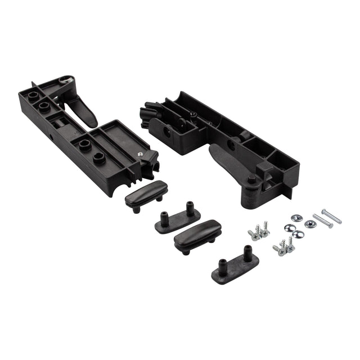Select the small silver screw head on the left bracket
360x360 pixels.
click(x=140, y=152)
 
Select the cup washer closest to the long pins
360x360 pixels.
click(x=309, y=224)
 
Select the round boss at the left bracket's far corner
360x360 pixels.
click(x=34, y=90)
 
